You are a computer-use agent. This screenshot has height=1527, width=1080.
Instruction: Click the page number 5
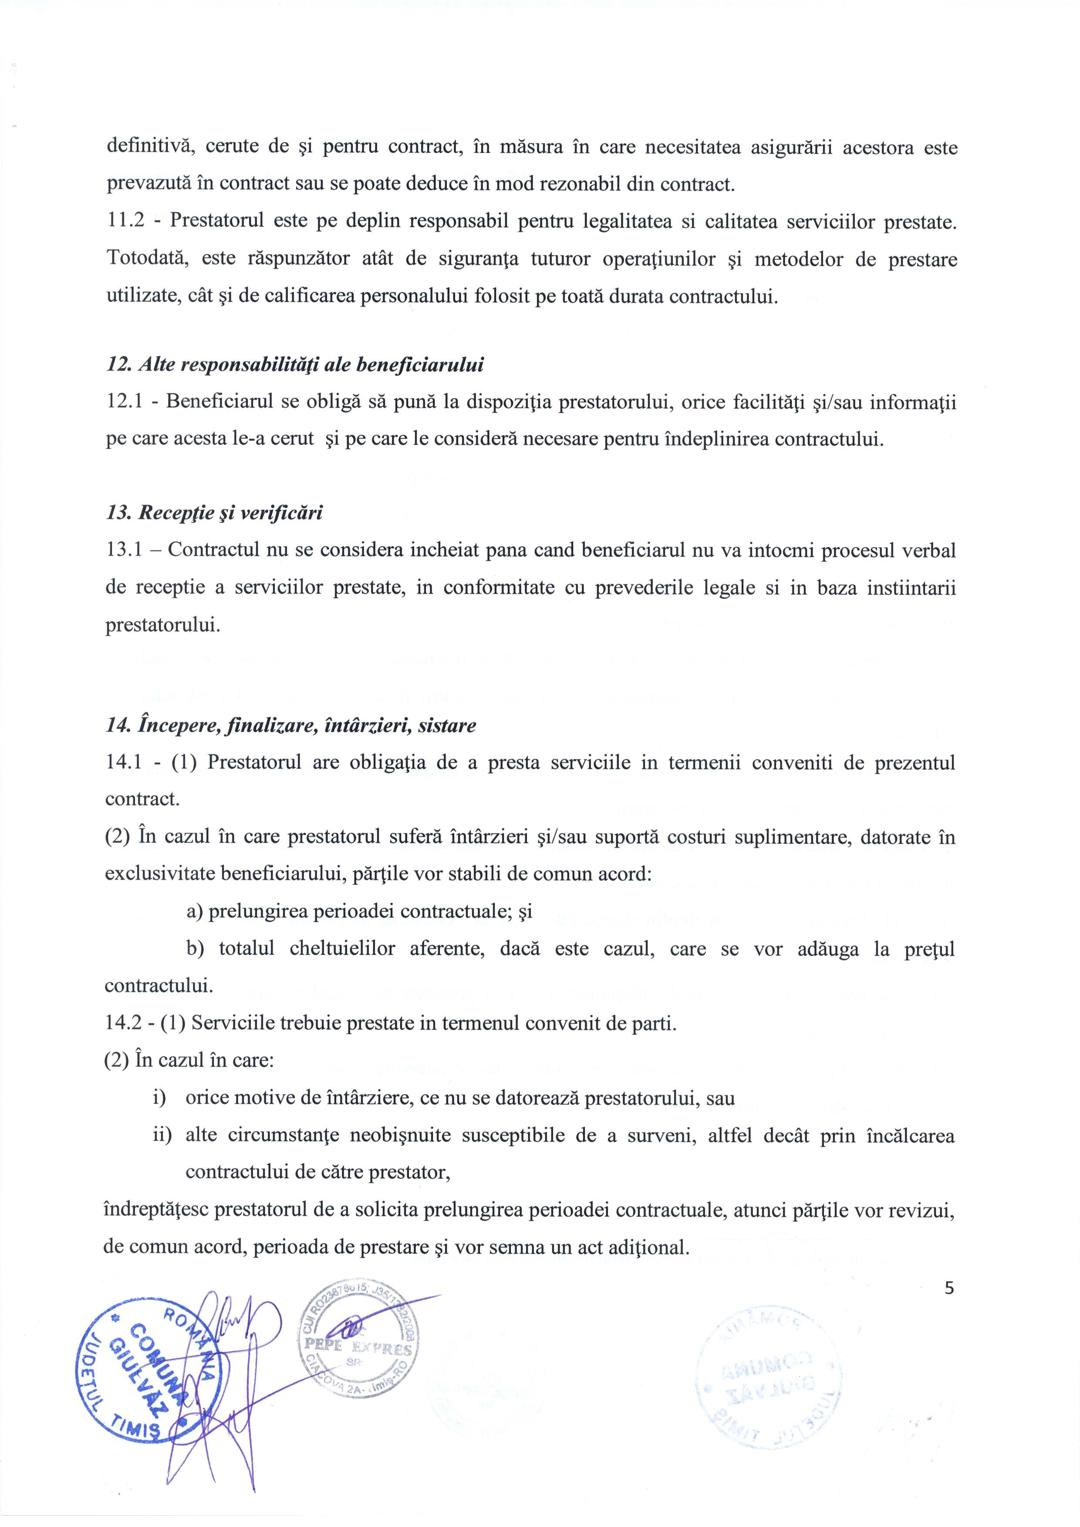click(949, 1288)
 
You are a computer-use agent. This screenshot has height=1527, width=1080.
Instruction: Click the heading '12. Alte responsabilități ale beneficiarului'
click(295, 365)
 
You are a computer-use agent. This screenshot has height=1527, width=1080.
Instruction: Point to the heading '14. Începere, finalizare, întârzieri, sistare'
click(290, 725)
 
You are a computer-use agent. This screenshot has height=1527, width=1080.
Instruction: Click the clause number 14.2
click(125, 1023)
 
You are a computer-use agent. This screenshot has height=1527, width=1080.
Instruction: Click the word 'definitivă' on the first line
click(150, 147)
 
